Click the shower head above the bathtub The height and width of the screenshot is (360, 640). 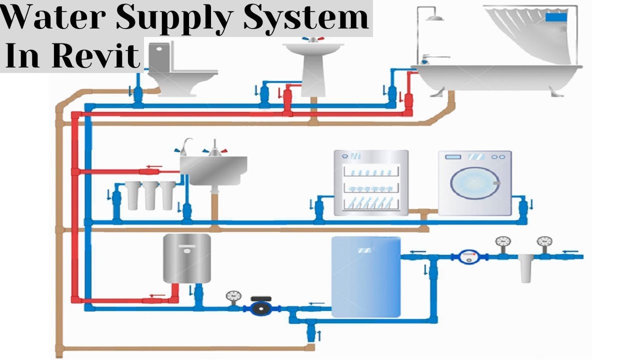click(x=436, y=18)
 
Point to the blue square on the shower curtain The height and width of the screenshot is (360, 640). click(x=555, y=17)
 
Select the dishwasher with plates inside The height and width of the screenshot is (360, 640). click(x=371, y=183)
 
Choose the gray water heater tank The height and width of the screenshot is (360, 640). click(x=186, y=258)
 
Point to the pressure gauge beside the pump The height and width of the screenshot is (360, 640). click(x=232, y=296)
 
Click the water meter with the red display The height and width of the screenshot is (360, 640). click(x=468, y=256)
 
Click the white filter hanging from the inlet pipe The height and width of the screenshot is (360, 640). click(x=525, y=269)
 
